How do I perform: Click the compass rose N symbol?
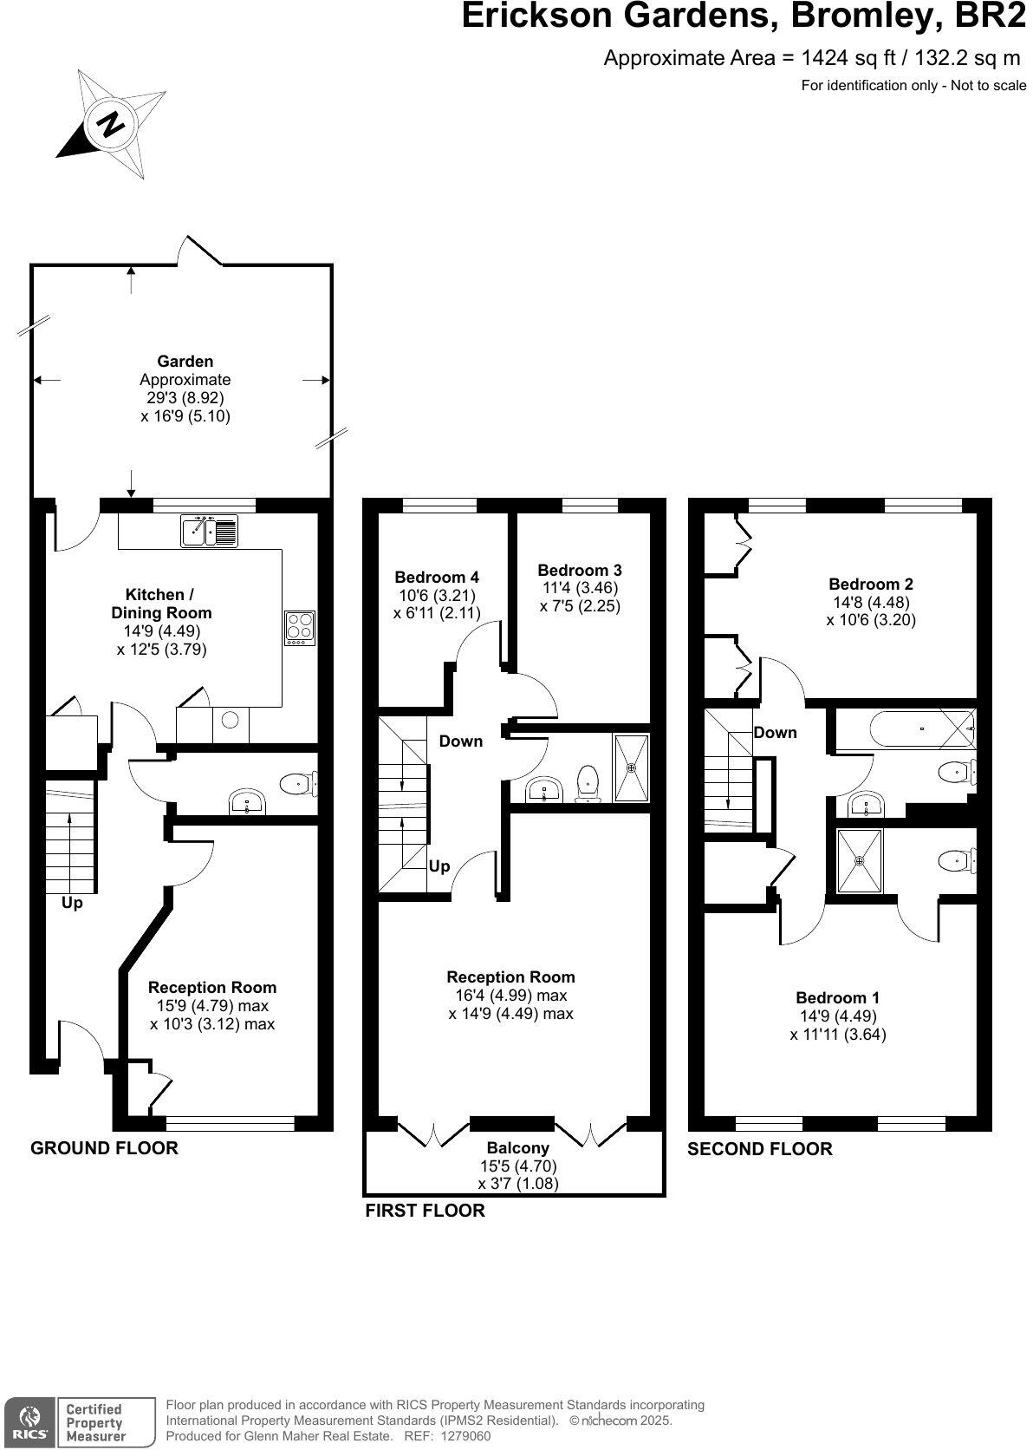pyautogui.click(x=111, y=124)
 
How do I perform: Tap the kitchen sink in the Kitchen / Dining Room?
pyautogui.click(x=209, y=531)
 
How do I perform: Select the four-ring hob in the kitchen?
pyautogui.click(x=300, y=627)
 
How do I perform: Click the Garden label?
pyautogui.click(x=185, y=362)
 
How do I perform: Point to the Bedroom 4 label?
pyautogui.click(x=436, y=578)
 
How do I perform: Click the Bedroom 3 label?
pyautogui.click(x=579, y=571)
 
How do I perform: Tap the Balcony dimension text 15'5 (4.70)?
pyautogui.click(x=517, y=1166)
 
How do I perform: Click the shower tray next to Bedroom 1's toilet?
pyautogui.click(x=859, y=861)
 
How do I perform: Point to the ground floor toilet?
pyautogui.click(x=298, y=784)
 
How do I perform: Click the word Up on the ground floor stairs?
pyautogui.click(x=72, y=904)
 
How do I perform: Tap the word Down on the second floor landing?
pyautogui.click(x=775, y=733)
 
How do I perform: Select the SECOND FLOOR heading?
pyautogui.click(x=759, y=1149)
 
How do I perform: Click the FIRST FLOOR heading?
pyautogui.click(x=425, y=1211)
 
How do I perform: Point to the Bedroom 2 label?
pyautogui.click(x=870, y=585)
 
